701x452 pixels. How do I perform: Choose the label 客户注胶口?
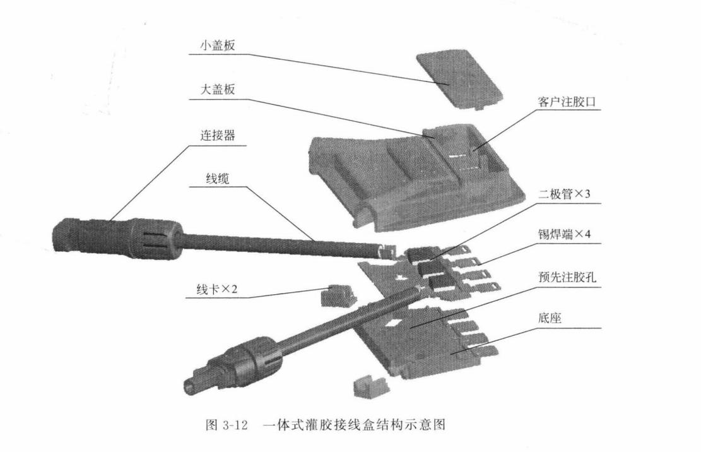click(566, 102)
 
